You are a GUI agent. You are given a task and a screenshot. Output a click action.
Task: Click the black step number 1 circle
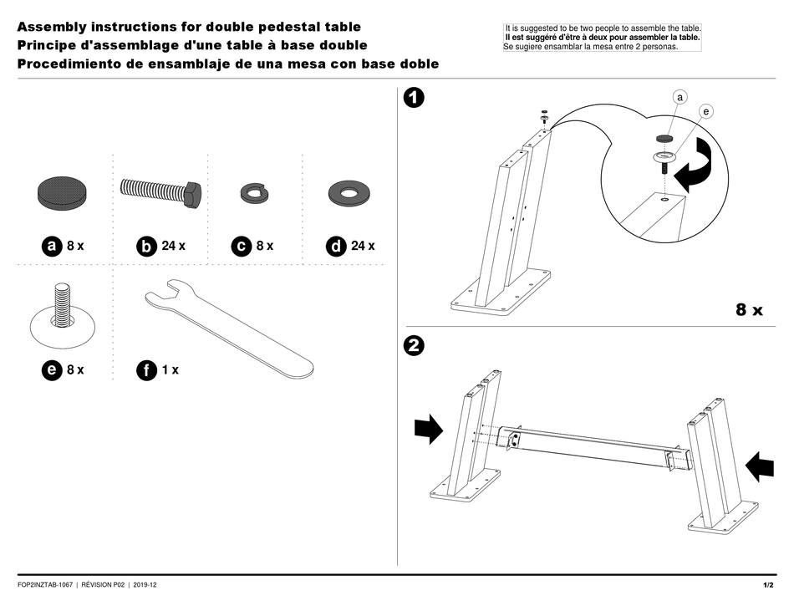click(x=413, y=99)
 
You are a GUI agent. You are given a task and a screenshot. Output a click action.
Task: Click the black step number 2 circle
click(x=413, y=345)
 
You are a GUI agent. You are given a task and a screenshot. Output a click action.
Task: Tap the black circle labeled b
click(x=146, y=246)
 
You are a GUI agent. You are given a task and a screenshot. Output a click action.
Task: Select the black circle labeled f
click(x=146, y=370)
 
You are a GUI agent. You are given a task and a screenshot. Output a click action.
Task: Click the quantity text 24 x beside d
click(x=363, y=246)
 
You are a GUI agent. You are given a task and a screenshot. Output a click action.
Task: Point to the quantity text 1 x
click(x=170, y=369)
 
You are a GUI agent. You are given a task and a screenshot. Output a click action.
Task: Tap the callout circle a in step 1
click(x=679, y=98)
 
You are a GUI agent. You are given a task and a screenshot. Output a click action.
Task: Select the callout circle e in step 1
click(x=706, y=111)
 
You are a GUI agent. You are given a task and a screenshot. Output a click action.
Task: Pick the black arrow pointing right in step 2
click(x=429, y=430)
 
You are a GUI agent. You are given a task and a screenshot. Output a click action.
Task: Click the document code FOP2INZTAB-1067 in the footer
click(x=45, y=584)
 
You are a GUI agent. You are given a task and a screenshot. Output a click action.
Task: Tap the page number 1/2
click(x=767, y=584)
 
